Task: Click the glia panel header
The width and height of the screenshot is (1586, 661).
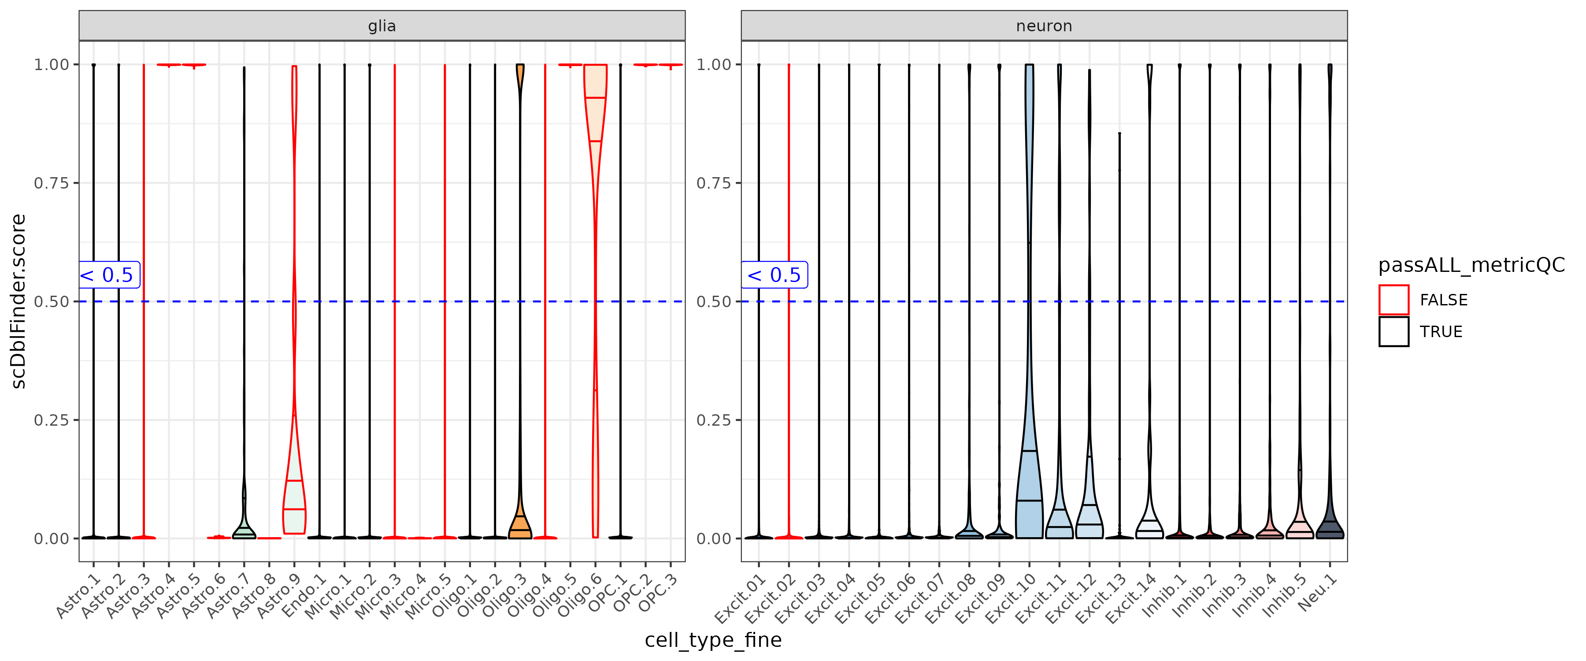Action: coord(382,26)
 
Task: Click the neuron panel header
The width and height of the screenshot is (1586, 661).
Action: coord(1044,26)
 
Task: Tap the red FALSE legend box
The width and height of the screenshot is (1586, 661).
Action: coord(1393,300)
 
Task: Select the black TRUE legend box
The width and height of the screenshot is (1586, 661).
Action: coord(1393,331)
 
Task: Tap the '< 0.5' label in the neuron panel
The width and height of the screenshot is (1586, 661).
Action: coord(774,275)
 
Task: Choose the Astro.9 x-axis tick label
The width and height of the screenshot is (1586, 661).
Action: coord(279,596)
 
